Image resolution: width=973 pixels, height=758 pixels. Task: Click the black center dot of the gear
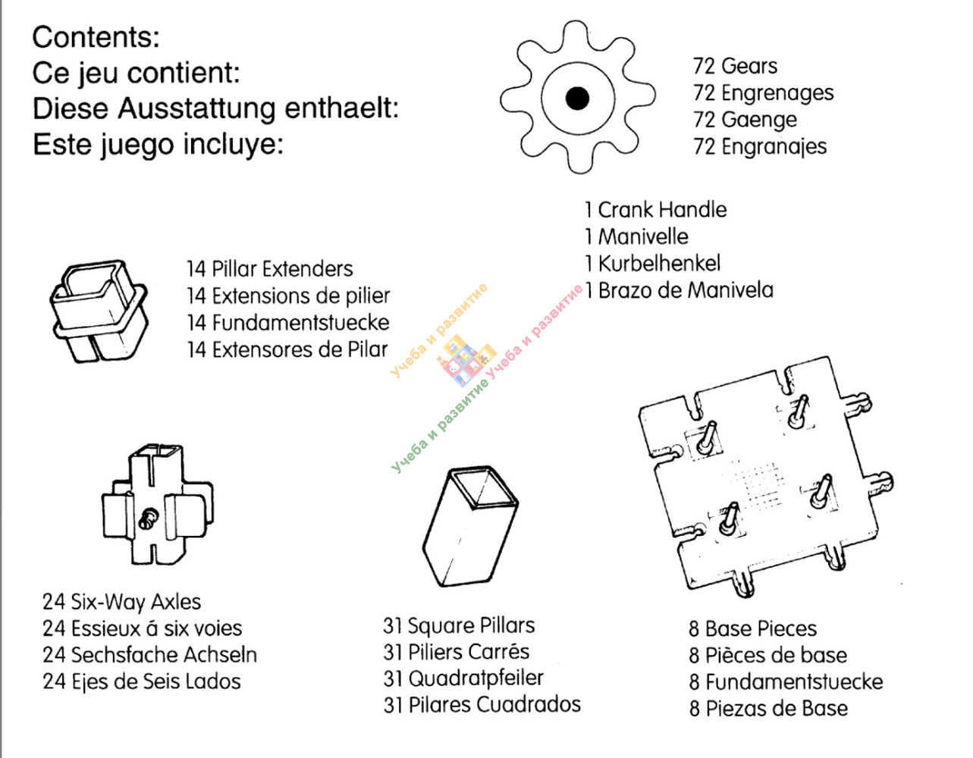point(577,98)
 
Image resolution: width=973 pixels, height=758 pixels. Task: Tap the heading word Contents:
point(96,37)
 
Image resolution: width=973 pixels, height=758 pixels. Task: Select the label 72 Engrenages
point(763,93)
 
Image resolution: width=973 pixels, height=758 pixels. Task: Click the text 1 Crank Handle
point(655,210)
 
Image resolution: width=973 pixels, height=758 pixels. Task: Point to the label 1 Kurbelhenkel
point(652,264)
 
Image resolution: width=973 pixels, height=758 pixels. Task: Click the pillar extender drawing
point(99,311)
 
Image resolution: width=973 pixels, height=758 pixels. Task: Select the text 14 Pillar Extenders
point(269,269)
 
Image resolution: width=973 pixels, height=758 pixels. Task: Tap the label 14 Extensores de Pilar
point(287,349)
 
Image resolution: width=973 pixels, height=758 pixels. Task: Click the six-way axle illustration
point(158,504)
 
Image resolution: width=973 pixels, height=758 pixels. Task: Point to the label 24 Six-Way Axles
point(122,602)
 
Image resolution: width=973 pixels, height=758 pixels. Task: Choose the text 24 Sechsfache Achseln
point(150,655)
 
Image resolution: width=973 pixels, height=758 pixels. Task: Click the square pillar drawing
point(470,526)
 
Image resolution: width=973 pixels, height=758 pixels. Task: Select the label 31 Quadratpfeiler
point(463,679)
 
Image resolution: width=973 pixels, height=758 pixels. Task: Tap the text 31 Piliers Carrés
point(457,652)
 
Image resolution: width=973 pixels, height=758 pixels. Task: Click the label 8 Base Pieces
point(753,628)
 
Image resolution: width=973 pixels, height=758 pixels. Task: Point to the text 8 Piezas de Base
point(768,709)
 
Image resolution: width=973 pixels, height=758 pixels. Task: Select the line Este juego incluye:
point(158,146)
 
